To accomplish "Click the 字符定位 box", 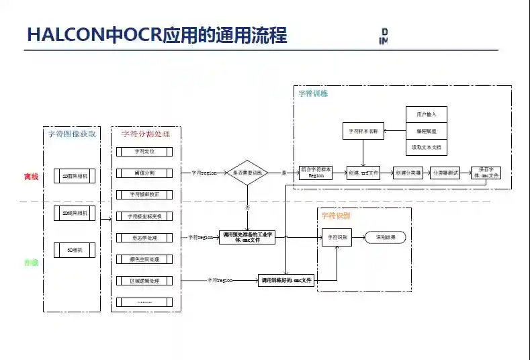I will pyautogui.click(x=144, y=151).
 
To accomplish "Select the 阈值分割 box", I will pyautogui.click(x=144, y=173).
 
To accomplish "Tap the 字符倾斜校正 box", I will pyautogui.click(x=144, y=194).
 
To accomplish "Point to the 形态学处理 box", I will pyautogui.click(x=144, y=238).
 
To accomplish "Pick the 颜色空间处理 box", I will pyautogui.click(x=144, y=259).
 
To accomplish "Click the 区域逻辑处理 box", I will pyautogui.click(x=144, y=280).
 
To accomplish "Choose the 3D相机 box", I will pyautogui.click(x=75, y=250).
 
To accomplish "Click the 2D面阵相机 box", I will pyautogui.click(x=75, y=177).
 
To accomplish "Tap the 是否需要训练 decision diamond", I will pyautogui.click(x=248, y=173).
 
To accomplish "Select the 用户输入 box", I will pyautogui.click(x=427, y=114).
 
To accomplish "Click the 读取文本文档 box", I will pyautogui.click(x=427, y=146).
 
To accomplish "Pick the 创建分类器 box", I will pyautogui.click(x=408, y=173).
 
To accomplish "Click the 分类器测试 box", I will pyautogui.click(x=445, y=173).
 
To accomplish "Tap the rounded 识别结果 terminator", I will pyautogui.click(x=385, y=237).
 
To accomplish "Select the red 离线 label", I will pyautogui.click(x=32, y=177).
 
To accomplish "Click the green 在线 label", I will pyautogui.click(x=32, y=263).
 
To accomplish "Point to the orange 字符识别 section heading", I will pyautogui.click(x=335, y=216).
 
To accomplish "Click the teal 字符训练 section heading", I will pyautogui.click(x=313, y=93).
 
